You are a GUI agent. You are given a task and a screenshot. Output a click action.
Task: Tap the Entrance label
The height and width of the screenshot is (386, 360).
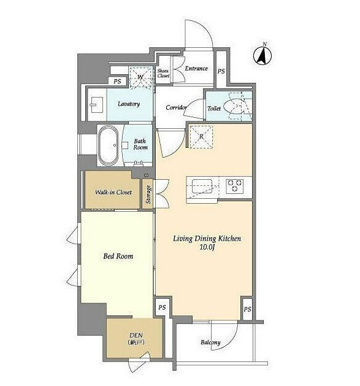(x=196, y=69)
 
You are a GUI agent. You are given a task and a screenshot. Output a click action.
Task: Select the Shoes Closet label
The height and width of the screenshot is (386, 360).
(x=163, y=74)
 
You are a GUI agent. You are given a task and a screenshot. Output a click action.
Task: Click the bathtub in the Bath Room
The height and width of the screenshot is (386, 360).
(x=109, y=145)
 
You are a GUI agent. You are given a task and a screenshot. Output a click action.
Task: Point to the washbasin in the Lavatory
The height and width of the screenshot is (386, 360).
(x=97, y=104)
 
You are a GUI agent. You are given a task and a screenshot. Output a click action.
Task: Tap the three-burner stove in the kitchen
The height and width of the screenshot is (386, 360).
(x=234, y=186)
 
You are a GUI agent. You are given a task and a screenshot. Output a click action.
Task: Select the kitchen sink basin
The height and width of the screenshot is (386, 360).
(x=202, y=187)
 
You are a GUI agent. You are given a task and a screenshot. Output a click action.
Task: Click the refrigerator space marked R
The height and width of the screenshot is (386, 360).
(x=201, y=136)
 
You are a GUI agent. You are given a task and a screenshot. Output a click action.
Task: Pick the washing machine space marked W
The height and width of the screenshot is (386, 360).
(x=141, y=77)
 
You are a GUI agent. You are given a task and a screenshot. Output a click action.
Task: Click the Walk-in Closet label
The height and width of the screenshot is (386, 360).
(x=113, y=192)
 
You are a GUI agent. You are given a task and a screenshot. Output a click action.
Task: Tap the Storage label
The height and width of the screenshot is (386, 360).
(x=148, y=195)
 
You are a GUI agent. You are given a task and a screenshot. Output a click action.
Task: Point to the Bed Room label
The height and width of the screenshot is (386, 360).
(x=118, y=257)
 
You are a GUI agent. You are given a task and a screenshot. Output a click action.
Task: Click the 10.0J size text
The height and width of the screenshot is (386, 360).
(x=207, y=247)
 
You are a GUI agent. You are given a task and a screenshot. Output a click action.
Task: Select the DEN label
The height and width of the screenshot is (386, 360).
(x=136, y=335)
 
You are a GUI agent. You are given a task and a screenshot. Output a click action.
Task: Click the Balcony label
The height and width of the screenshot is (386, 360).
(x=210, y=342)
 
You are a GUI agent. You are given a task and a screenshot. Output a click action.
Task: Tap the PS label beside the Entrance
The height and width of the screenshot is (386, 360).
(x=221, y=71)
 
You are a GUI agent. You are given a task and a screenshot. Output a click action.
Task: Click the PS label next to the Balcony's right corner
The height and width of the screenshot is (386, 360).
(x=247, y=309)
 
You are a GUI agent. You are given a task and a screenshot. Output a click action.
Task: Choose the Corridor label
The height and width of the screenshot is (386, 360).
(x=176, y=107)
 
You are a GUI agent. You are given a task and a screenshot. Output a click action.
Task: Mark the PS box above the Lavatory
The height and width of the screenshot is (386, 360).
(x=117, y=81)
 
